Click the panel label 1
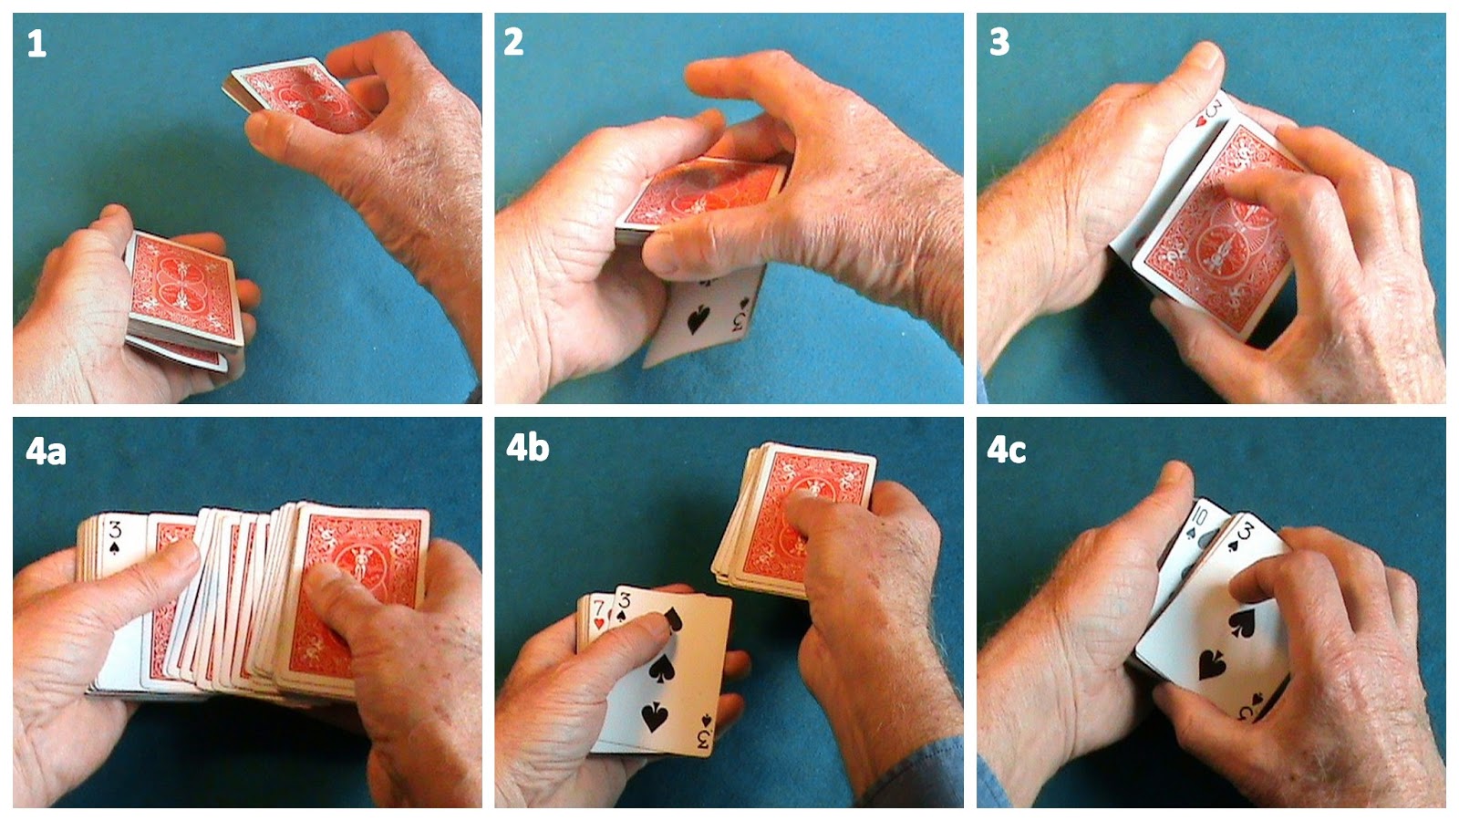pyautogui.click(x=36, y=45)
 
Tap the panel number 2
pyautogui.click(x=513, y=42)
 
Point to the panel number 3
pyautogui.click(x=999, y=42)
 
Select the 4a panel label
pyautogui.click(x=46, y=451)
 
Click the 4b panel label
pyautogui.click(x=528, y=448)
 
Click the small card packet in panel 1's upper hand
pyautogui.click(x=296, y=95)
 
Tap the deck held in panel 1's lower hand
pyautogui.click(x=183, y=301)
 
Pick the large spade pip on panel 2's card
pyautogui.click(x=698, y=319)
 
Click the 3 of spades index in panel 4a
pyautogui.click(x=115, y=536)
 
